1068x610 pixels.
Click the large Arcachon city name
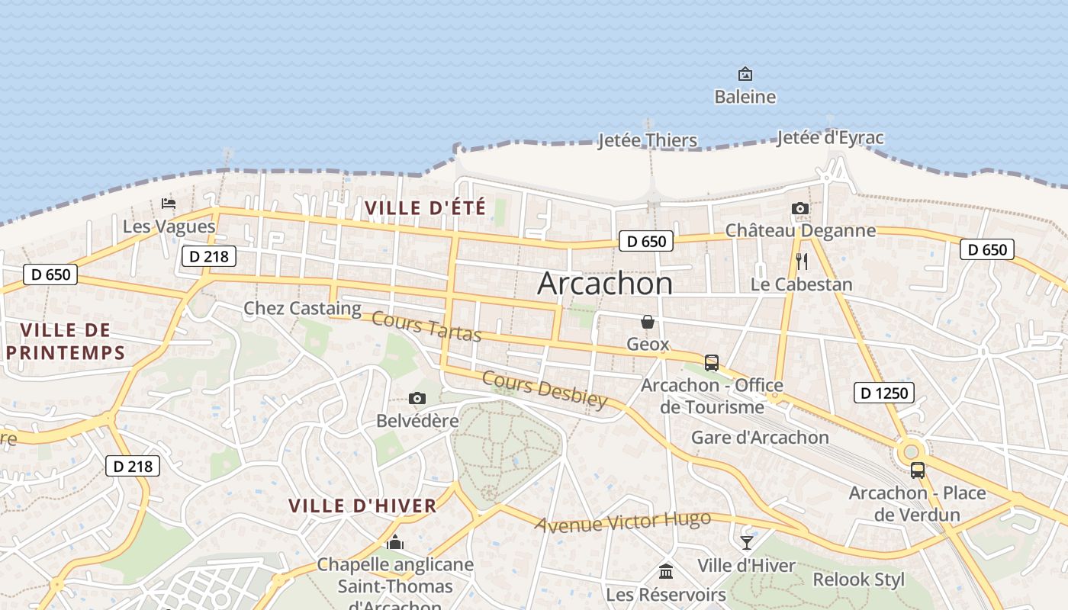point(605,284)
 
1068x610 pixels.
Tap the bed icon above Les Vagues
point(169,204)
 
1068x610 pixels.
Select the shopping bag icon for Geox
point(648,322)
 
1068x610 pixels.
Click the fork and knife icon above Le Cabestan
point(801,262)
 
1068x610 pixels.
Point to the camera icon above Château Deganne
point(799,208)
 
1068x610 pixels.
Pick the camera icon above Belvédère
point(417,398)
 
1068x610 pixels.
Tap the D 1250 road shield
point(883,393)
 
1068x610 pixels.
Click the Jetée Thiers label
point(647,140)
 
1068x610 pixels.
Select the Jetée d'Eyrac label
point(830,138)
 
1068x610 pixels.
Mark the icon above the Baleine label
point(745,74)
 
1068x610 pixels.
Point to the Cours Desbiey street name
point(545,390)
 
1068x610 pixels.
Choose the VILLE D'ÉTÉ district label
point(425,207)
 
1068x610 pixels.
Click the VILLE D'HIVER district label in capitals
point(362,505)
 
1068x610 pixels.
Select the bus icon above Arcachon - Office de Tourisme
point(711,363)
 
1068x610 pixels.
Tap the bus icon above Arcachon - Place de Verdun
point(917,470)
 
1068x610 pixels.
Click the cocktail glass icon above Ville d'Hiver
point(746,542)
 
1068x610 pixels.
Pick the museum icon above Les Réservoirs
point(666,571)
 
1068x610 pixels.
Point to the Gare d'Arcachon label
point(759,438)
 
